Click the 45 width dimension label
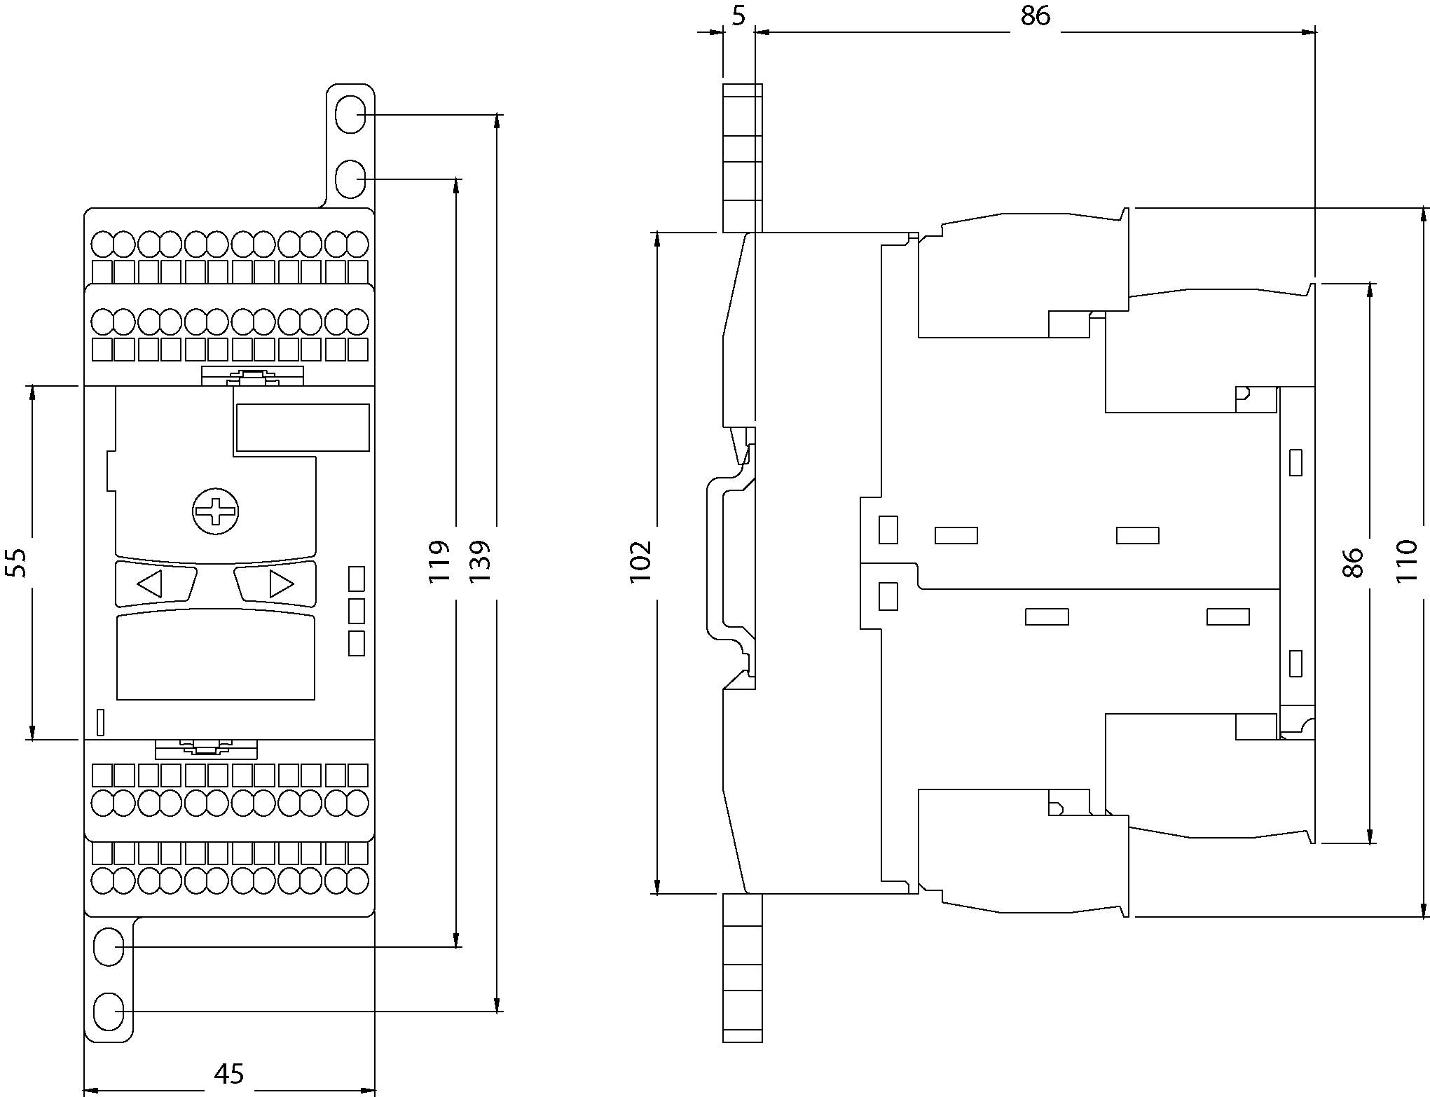[x=229, y=1074]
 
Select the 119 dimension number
[x=439, y=561]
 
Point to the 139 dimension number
[x=480, y=561]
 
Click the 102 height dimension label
[x=640, y=561]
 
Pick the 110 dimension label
[x=1406, y=561]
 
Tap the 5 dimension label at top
[x=738, y=15]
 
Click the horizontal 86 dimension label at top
[x=1035, y=15]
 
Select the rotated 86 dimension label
[x=1354, y=563]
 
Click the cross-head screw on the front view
[x=215, y=511]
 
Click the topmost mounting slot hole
[x=350, y=114]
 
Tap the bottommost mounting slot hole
[x=109, y=1012]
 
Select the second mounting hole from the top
[x=350, y=179]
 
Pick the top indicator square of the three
[x=357, y=579]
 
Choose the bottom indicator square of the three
[x=357, y=643]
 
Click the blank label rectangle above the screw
[x=303, y=427]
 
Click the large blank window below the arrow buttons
[x=215, y=656]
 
